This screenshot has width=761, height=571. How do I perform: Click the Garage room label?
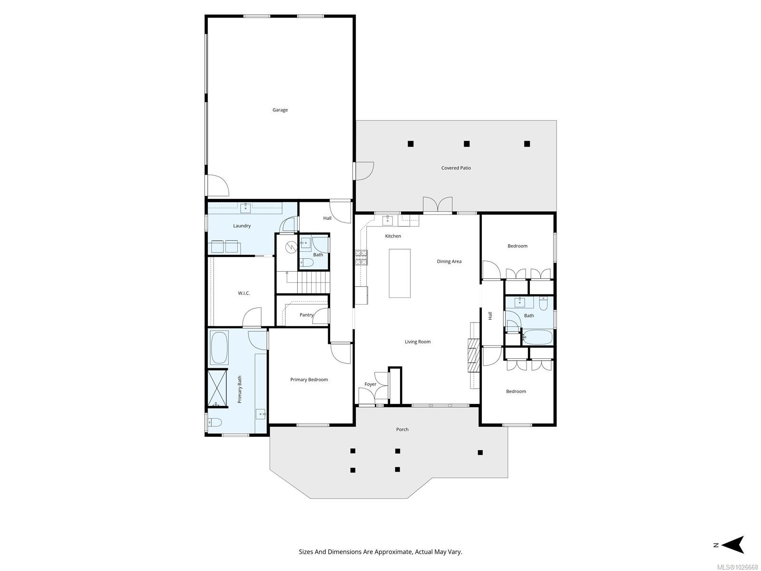click(x=280, y=110)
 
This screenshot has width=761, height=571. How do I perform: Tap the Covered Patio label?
click(x=456, y=168)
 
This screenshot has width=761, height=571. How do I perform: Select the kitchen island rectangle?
click(x=400, y=273)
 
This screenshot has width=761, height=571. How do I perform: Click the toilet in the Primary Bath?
click(x=215, y=422)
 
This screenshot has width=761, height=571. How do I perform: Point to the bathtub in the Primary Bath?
click(x=219, y=348)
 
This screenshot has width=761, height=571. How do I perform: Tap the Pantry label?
click(x=306, y=315)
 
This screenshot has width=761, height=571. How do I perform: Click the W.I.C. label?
click(x=244, y=293)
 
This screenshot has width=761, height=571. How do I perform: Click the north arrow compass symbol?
click(x=735, y=545)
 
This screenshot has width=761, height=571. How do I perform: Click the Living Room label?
click(x=418, y=342)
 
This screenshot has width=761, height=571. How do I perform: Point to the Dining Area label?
click(x=449, y=261)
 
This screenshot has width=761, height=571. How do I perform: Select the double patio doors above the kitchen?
click(x=438, y=205)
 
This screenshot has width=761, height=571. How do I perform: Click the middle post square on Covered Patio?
click(x=467, y=144)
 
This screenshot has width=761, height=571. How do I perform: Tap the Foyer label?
click(x=370, y=384)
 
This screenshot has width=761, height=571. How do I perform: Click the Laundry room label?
click(x=242, y=226)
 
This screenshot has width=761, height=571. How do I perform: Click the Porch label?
click(x=402, y=429)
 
